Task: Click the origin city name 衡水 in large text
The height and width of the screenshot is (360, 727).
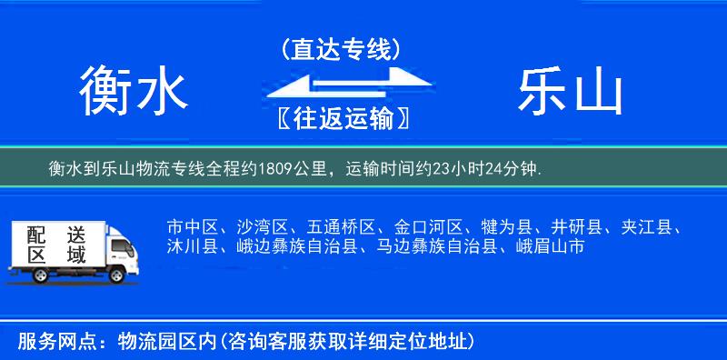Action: coord(133,92)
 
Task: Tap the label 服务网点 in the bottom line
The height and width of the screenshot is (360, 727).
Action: coord(46,342)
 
